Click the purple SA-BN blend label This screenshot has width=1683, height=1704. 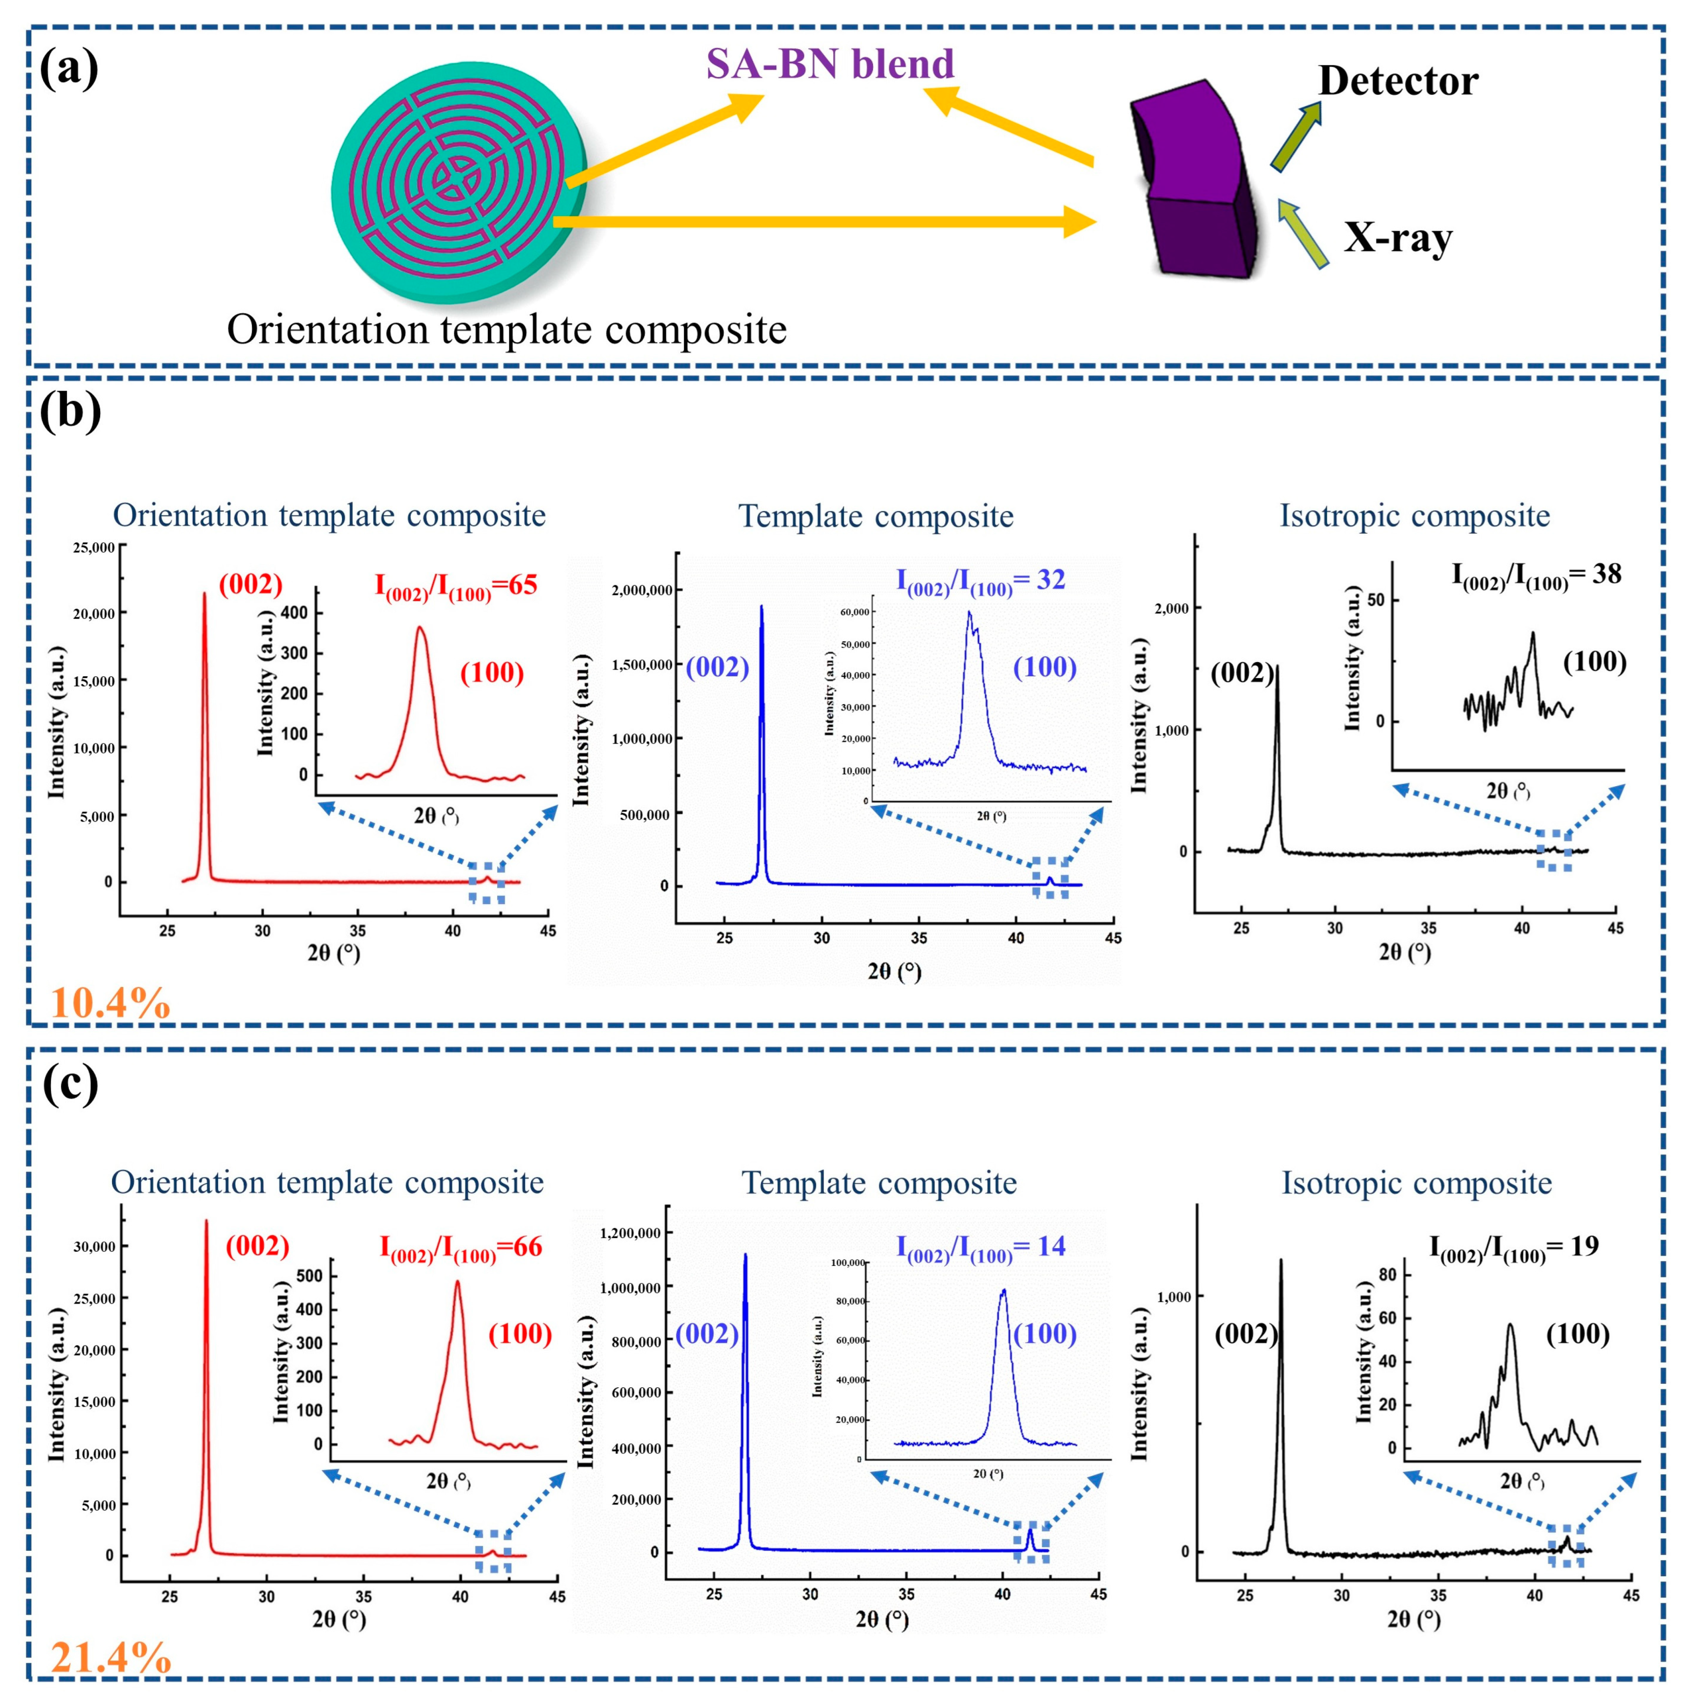(829, 64)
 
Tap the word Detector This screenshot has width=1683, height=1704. (1397, 81)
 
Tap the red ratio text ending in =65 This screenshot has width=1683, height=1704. (456, 586)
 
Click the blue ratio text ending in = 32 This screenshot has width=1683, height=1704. (980, 581)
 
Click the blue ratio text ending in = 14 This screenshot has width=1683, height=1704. (980, 1247)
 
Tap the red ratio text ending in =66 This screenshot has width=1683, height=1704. (460, 1248)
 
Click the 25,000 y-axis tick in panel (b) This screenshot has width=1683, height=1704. (93, 548)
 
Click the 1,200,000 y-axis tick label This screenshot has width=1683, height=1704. (630, 1233)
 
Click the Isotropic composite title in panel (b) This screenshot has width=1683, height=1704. (1414, 516)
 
